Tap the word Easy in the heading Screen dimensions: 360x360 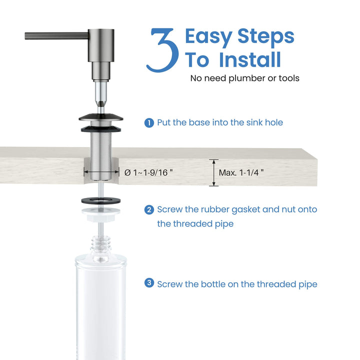click(x=208, y=37)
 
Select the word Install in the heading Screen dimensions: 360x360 click(x=250, y=59)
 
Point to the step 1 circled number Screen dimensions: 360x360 click(x=149, y=123)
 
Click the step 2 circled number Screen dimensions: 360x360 click(x=149, y=209)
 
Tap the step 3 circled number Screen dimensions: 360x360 click(x=149, y=282)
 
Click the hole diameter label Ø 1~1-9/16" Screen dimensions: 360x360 click(x=148, y=172)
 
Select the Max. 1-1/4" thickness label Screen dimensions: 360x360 click(x=241, y=172)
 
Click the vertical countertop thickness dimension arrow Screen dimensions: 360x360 click(x=214, y=172)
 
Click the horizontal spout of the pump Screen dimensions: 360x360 click(x=56, y=36)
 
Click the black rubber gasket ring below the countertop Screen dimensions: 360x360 click(x=101, y=200)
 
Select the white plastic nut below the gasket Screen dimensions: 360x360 click(x=101, y=214)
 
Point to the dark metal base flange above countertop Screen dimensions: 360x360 click(x=101, y=117)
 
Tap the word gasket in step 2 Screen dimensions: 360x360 click(x=245, y=210)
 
